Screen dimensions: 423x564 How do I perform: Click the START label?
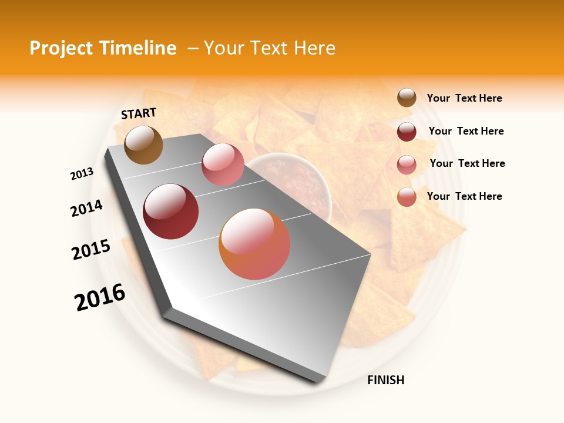point(139,113)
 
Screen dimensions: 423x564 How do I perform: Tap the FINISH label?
point(385,380)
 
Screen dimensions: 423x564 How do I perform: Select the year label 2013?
point(82,174)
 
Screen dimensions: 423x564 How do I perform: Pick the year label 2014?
point(87,208)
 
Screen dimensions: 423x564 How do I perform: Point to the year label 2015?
point(91,250)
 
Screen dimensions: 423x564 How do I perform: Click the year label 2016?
point(100,297)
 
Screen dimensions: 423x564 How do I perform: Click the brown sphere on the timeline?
point(143,145)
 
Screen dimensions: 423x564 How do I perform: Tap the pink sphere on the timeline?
point(223,164)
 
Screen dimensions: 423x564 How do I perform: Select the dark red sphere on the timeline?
point(171,211)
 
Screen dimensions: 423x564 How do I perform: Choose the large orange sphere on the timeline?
point(254,244)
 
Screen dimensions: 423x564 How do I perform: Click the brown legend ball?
point(407,98)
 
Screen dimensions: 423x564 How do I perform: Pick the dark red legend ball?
point(407,132)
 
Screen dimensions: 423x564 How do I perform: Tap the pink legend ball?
point(407,164)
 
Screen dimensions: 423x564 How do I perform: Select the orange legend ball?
point(407,197)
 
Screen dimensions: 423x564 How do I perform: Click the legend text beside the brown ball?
point(464,98)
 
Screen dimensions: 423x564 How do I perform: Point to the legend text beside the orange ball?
point(464,196)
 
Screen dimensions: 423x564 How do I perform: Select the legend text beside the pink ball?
point(467,163)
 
